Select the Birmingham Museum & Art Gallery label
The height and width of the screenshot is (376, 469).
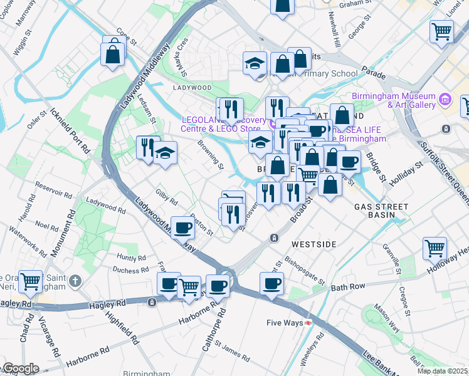[x=394, y=100]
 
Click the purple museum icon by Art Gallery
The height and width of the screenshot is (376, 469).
[x=445, y=98]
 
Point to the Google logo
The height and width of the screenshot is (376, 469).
[x=20, y=368]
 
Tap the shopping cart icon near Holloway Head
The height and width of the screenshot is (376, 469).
[x=435, y=248]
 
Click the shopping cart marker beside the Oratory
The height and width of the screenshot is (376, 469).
[x=30, y=282]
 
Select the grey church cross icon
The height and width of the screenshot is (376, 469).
[x=75, y=280]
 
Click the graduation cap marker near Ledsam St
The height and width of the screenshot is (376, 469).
[x=164, y=153]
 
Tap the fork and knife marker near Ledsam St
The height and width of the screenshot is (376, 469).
[x=147, y=148]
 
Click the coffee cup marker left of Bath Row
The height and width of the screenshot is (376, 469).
[x=271, y=283]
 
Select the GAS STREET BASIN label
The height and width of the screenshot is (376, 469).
[x=381, y=211]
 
